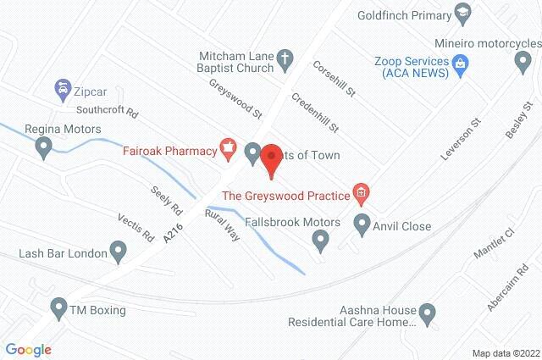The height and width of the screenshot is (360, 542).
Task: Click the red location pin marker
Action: (x=271, y=159)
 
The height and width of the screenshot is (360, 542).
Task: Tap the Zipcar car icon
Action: (x=62, y=87)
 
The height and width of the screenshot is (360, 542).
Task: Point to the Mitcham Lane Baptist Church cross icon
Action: (x=285, y=58)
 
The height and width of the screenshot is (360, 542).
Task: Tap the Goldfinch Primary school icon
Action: (x=462, y=13)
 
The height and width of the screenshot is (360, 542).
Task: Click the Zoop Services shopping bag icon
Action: (x=461, y=62)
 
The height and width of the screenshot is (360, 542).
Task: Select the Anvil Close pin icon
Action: (x=362, y=226)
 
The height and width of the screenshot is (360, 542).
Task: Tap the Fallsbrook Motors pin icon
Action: (x=320, y=242)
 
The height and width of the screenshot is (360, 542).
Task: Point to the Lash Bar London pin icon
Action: (x=119, y=252)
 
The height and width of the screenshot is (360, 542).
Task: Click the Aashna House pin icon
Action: (x=428, y=315)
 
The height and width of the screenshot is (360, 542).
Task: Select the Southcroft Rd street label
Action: (x=107, y=111)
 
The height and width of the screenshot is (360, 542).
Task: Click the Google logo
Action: (x=28, y=349)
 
